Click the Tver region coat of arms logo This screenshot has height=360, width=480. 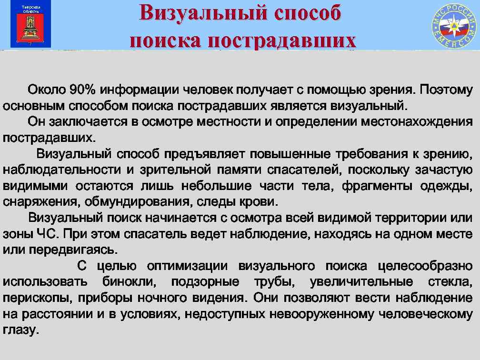[30, 24]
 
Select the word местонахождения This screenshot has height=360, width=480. [416, 121]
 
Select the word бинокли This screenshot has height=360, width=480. [130, 282]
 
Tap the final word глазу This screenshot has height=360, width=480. [20, 330]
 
